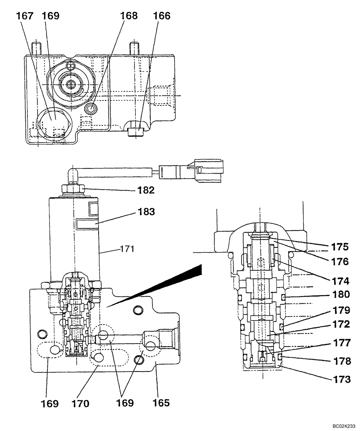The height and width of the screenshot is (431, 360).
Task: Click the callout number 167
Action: pos(25,16)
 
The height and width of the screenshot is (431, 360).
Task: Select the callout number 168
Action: pos(129,16)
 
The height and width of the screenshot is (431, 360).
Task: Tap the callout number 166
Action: pos(162,16)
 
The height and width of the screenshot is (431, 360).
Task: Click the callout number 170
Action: pos(81,403)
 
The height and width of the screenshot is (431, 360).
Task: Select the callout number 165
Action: pos(161,403)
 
